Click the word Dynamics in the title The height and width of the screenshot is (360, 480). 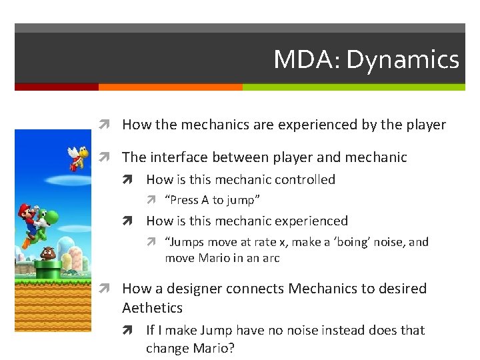[x=403, y=61]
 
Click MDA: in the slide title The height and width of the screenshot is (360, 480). [x=307, y=61]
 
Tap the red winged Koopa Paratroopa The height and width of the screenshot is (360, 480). [x=79, y=155]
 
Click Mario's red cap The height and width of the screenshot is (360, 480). [x=25, y=209]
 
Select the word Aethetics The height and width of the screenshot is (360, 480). [x=152, y=308]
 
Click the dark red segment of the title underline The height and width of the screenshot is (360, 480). [x=56, y=87]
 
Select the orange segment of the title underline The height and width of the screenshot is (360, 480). [x=170, y=87]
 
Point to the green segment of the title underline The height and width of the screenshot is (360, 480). [x=353, y=87]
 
